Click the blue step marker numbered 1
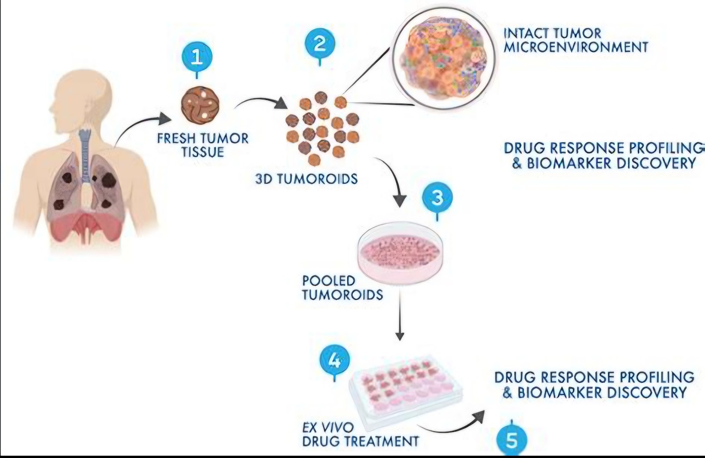tap(197, 57)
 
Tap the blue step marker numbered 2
tap(319, 44)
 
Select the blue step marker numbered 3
tap(437, 198)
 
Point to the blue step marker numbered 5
tap(511, 441)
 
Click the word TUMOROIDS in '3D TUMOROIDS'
tap(320, 179)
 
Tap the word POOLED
tap(328, 281)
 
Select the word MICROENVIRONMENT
tap(575, 47)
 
